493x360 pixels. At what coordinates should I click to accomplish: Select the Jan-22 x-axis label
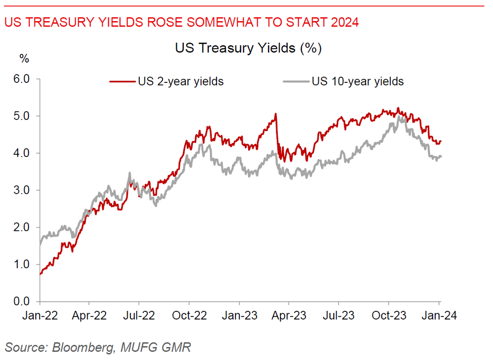click(x=41, y=316)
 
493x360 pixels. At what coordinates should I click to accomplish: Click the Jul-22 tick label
click(x=139, y=316)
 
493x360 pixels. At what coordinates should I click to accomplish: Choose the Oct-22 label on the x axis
click(x=190, y=316)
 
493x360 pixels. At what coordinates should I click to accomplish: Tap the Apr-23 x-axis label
click(x=289, y=316)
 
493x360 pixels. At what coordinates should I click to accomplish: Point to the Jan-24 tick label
click(x=439, y=316)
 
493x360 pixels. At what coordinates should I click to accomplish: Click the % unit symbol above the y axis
click(x=24, y=59)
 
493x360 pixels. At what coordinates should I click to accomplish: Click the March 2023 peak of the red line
click(x=275, y=114)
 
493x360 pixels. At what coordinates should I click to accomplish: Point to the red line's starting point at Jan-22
click(x=40, y=274)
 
